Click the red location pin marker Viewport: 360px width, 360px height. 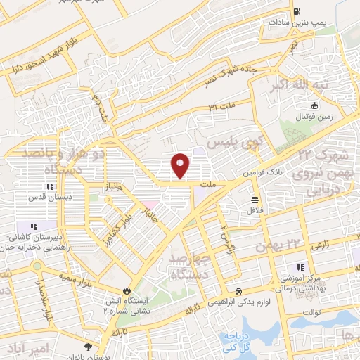click(x=181, y=165)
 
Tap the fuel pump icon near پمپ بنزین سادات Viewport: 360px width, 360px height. click(x=297, y=12)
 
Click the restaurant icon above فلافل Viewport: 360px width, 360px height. click(x=253, y=199)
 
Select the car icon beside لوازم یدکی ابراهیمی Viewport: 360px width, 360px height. click(x=239, y=290)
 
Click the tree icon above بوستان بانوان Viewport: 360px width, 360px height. click(x=88, y=347)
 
